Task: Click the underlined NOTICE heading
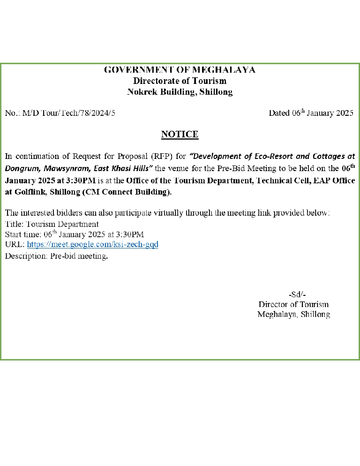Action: coord(180,135)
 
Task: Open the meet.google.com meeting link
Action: coord(92,245)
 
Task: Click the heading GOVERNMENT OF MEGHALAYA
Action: coord(180,70)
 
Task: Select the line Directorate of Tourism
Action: coord(180,81)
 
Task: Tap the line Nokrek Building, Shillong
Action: coord(180,92)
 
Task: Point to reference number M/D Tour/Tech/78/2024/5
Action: coord(69,113)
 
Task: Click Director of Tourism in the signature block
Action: coord(293,305)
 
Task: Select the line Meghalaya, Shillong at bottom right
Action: coord(293,315)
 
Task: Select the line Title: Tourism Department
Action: coord(52,224)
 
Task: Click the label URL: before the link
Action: coord(15,245)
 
